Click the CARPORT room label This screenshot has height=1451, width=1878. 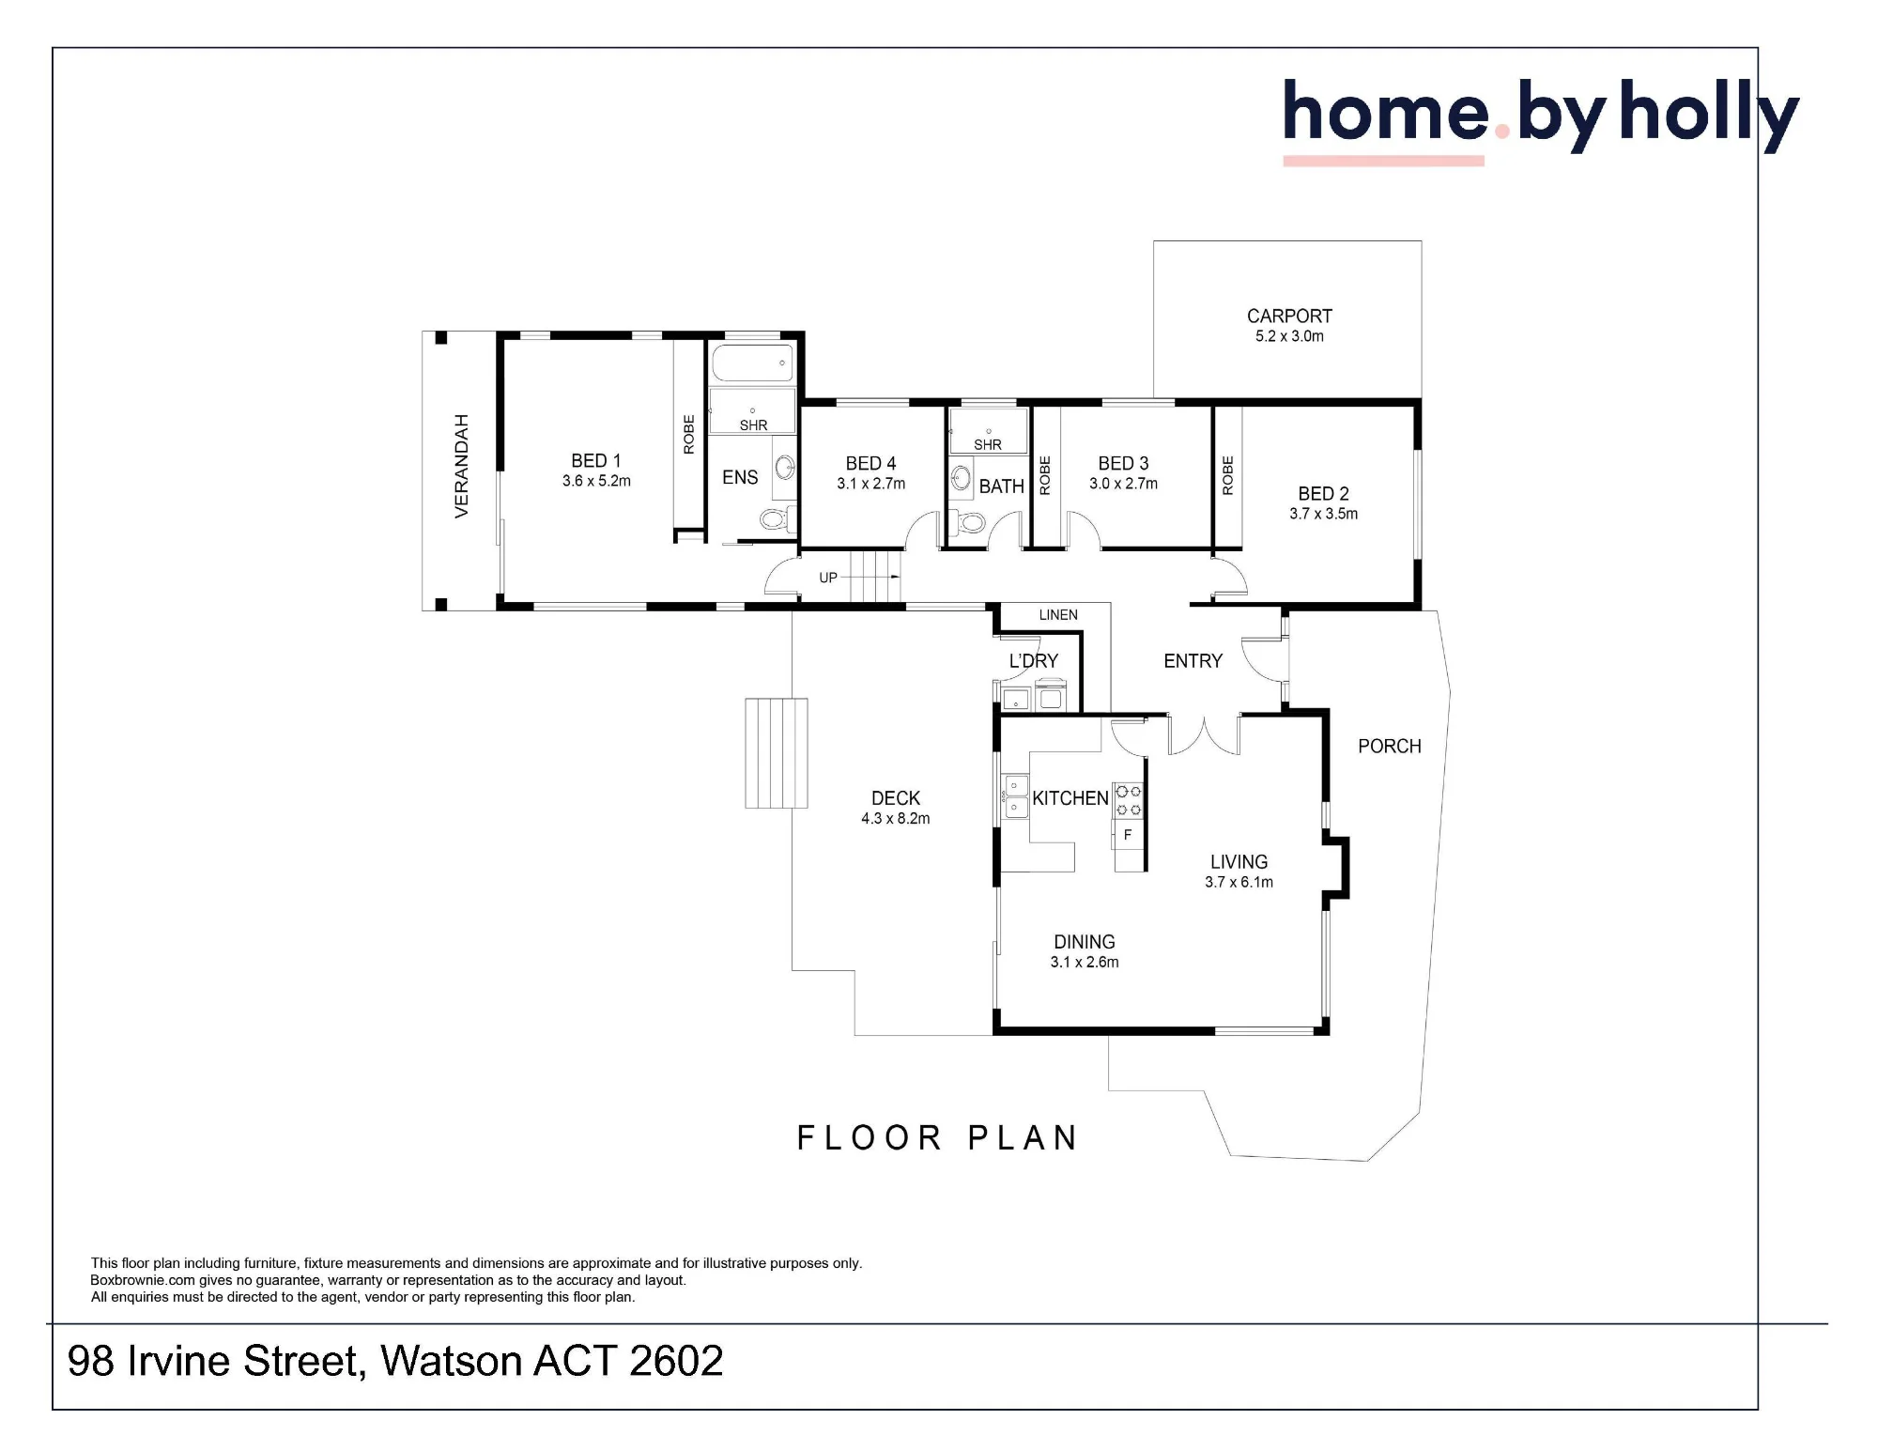point(1289,316)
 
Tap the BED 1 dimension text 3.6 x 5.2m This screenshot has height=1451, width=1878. point(596,481)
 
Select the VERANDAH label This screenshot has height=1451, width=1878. point(461,466)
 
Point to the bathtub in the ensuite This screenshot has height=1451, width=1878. point(752,363)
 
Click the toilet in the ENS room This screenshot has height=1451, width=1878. point(776,518)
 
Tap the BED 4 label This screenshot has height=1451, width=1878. point(870,463)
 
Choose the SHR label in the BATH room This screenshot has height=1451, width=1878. point(988,445)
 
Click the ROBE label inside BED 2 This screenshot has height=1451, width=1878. point(1227,476)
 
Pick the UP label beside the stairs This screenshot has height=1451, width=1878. point(828,578)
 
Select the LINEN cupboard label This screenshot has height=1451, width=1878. point(1058,615)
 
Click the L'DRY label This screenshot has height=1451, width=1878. point(1033,661)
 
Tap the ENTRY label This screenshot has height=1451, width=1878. point(1193,661)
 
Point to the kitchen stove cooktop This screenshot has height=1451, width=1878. point(1129,800)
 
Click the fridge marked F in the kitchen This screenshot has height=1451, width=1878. point(1129,835)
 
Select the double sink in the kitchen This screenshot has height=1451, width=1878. point(1015,796)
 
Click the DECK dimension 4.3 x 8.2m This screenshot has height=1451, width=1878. point(896,819)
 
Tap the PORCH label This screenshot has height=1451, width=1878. point(1390,747)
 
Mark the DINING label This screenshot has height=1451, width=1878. point(1085,942)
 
